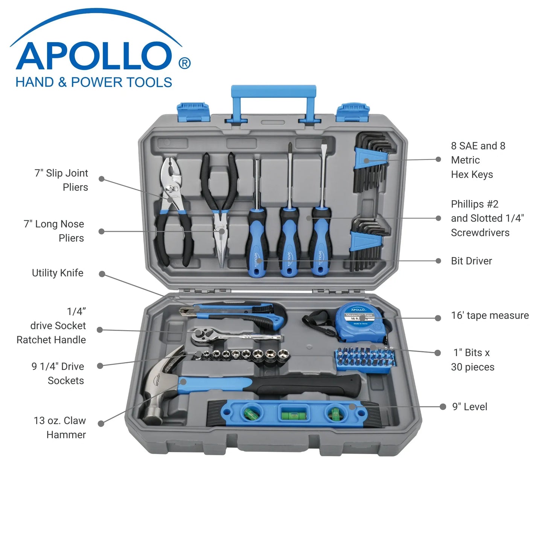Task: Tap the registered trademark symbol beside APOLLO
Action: (x=184, y=63)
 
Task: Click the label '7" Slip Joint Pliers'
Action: (x=62, y=180)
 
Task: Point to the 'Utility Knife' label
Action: (x=58, y=273)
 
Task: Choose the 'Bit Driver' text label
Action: (x=471, y=261)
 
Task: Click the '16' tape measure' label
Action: (x=490, y=315)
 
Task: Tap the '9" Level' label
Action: (x=470, y=407)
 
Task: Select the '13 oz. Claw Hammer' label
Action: (x=60, y=427)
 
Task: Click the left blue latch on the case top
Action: (x=194, y=111)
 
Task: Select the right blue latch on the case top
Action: (x=353, y=112)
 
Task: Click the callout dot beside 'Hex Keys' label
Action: (x=438, y=159)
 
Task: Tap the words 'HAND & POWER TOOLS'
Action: (x=94, y=82)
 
